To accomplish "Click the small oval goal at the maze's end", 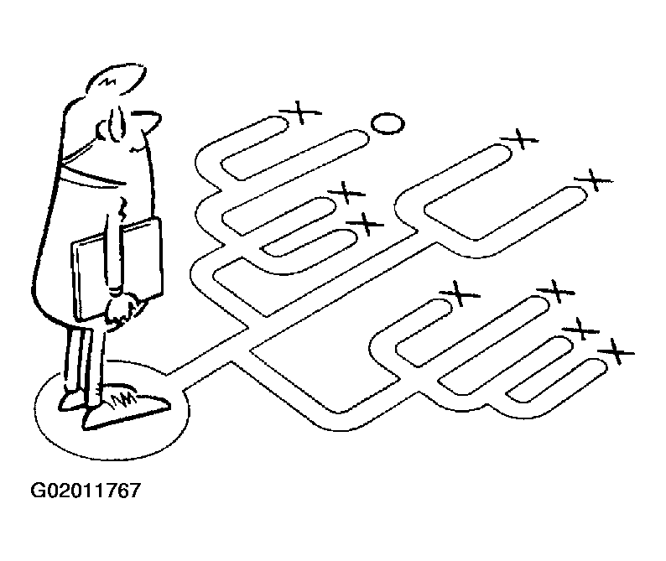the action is pos(388,123).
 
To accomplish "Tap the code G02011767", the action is pos(86,491).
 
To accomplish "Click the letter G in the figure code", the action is pos(38,491).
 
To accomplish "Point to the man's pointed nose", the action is pos(148,119).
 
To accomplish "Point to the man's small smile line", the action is pos(138,148).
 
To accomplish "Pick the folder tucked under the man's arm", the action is pos(117,270).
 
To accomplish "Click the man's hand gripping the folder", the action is pos(123,312).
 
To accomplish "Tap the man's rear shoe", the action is pos(71,401).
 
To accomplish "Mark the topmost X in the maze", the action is pos(300,112).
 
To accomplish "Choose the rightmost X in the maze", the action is pos(616,351).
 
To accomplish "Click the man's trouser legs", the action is pos(84,361).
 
